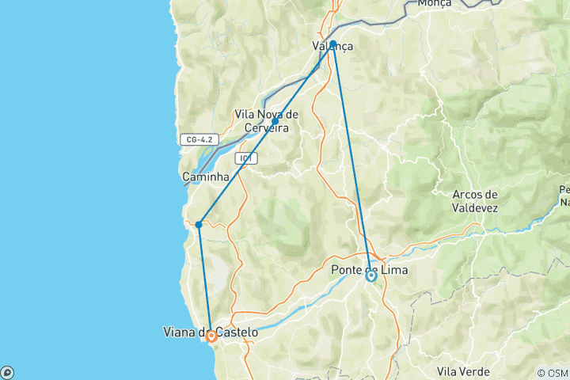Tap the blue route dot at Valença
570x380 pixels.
coord(333,44)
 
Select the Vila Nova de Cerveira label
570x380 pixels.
coord(266,121)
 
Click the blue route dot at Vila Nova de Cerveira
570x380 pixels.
coord(275,121)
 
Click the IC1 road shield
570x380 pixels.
coord(246,158)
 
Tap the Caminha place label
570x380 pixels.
coord(205,176)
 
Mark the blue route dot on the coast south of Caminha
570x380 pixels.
coord(199,224)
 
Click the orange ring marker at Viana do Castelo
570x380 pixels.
coord(211,336)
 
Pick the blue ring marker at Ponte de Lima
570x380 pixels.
coord(370,275)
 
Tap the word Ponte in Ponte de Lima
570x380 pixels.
coord(347,270)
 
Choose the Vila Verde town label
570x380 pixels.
coord(463,371)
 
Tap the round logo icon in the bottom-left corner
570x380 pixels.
coord(6,372)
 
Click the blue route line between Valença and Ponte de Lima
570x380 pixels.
coord(351,158)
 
